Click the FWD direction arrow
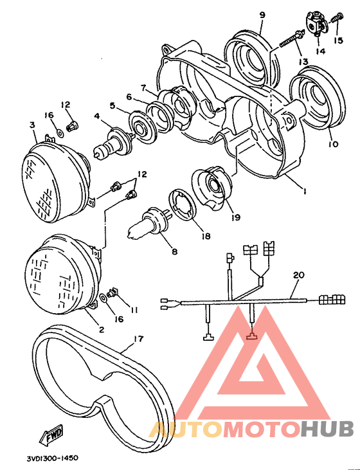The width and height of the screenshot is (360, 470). pyautogui.click(x=52, y=434)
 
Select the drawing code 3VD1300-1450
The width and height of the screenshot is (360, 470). pyautogui.click(x=53, y=458)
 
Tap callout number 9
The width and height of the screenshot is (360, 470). pyautogui.click(x=262, y=15)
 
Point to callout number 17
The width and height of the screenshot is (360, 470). pyautogui.click(x=138, y=339)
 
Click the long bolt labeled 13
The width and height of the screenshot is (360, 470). pyautogui.click(x=291, y=39)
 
